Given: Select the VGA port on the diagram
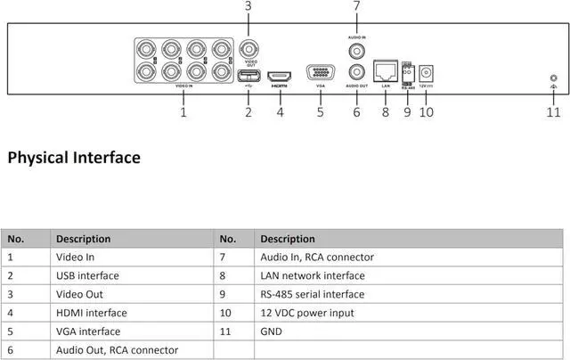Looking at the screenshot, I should (x=321, y=74).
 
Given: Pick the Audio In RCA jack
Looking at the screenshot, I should (x=357, y=51).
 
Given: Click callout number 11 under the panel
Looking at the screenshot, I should (x=553, y=112).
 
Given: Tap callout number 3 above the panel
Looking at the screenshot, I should (x=248, y=6).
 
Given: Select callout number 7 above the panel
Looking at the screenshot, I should (x=356, y=6).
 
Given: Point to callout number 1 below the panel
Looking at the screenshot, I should (x=183, y=112).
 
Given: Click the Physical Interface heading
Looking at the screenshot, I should (x=74, y=158).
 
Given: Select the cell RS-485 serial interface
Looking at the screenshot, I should (x=312, y=294).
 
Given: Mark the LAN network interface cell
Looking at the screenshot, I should (x=313, y=275).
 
